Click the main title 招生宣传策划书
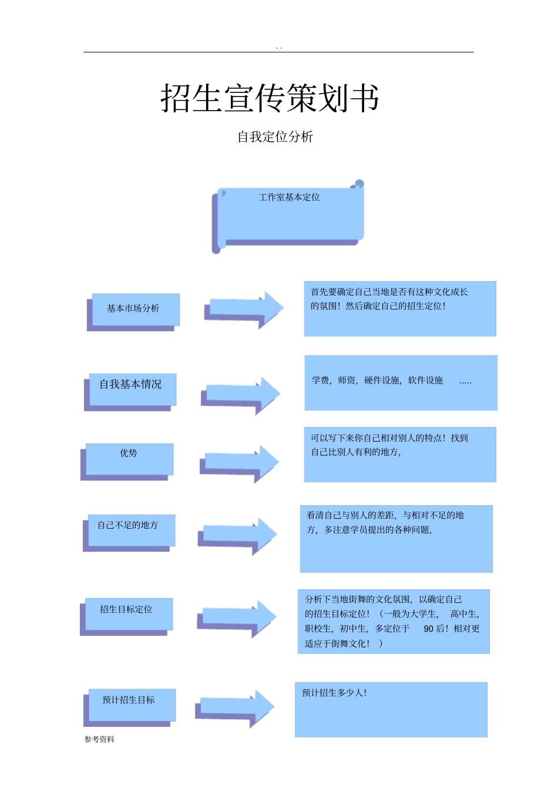tap(270, 98)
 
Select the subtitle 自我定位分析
tap(275, 137)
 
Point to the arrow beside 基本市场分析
tap(244, 308)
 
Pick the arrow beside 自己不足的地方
tap(237, 535)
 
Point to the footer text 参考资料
tap(99, 739)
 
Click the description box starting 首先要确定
tap(399, 309)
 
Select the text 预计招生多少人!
tap(334, 693)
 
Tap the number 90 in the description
tap(429, 629)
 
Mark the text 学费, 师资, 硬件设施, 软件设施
tap(377, 381)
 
